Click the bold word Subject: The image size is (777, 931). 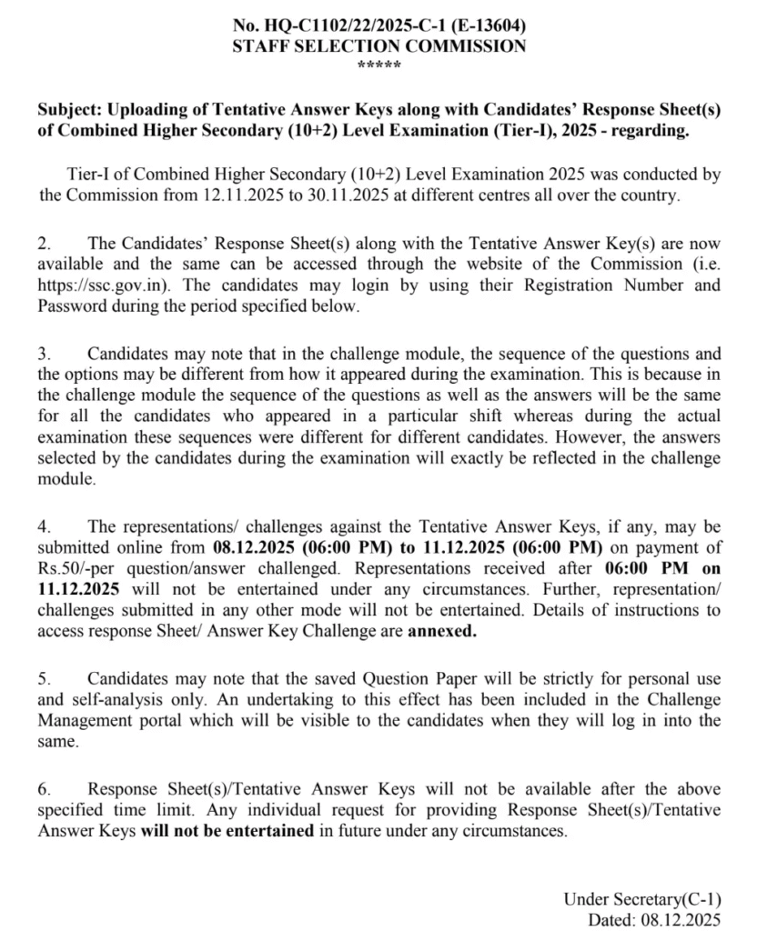(70, 109)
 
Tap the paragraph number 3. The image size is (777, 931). (43, 354)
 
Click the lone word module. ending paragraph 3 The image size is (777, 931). (66, 479)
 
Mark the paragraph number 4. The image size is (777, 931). (43, 527)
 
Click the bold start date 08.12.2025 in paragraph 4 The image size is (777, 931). (255, 548)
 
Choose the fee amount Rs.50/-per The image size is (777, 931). (83, 569)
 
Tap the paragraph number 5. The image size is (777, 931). (43, 679)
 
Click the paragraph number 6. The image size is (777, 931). (43, 789)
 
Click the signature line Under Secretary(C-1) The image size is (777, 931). (642, 899)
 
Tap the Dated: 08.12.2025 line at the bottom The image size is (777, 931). (654, 919)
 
